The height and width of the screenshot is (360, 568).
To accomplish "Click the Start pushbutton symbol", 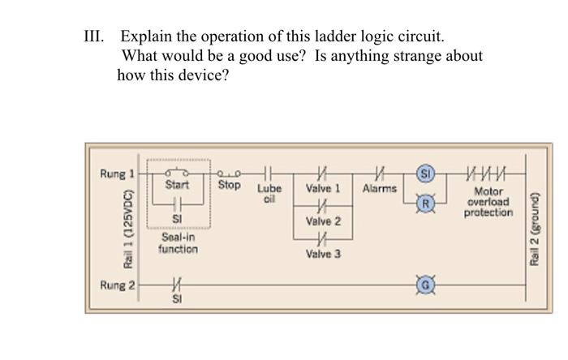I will [177, 173].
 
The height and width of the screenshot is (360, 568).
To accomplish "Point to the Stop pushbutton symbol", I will [228, 173].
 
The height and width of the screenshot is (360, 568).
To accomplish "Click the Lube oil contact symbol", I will [269, 173].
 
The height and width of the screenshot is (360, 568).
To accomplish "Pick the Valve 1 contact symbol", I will [322, 174].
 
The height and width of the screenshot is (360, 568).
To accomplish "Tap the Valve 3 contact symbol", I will [322, 240].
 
